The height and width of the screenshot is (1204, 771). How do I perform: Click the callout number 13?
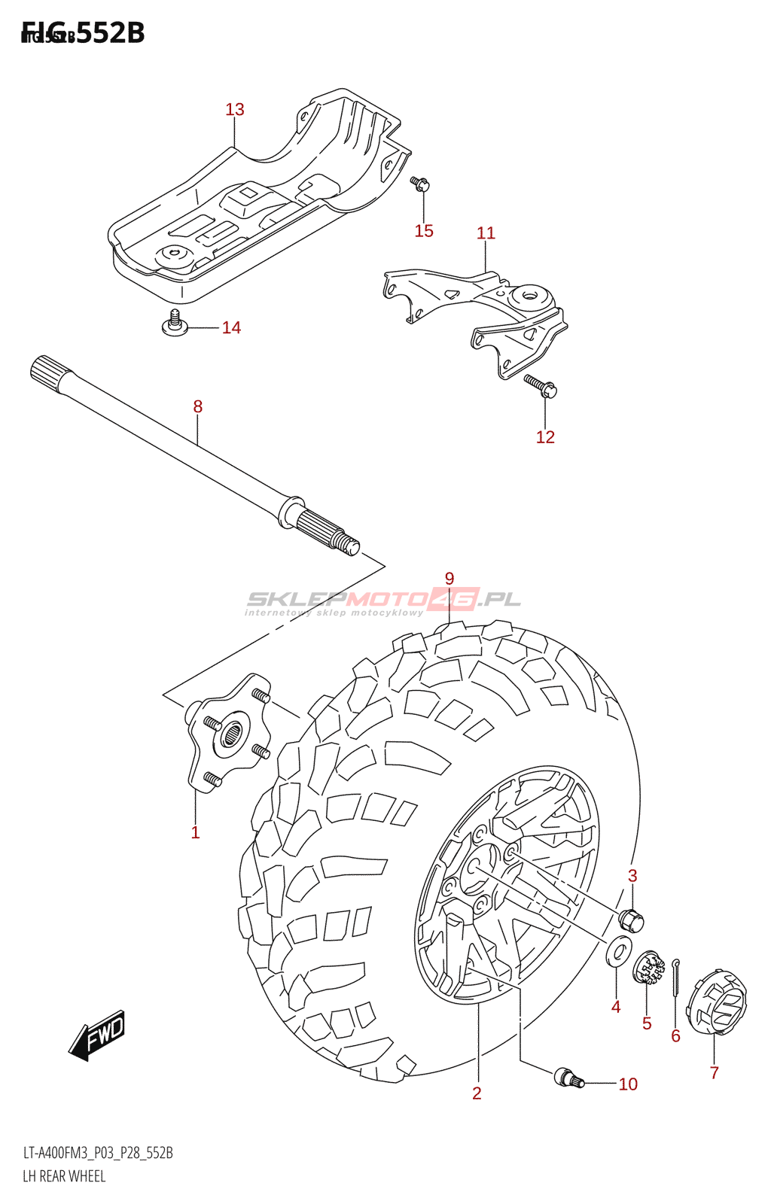235,110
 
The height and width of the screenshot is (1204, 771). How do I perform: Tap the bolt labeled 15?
419,183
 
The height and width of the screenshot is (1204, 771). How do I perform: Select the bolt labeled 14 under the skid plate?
175,323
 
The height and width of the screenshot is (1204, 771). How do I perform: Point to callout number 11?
486,233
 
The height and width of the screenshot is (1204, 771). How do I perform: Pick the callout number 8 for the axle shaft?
197,407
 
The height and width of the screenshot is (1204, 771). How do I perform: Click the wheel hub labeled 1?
228,734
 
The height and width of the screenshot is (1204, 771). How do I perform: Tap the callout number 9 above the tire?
449,579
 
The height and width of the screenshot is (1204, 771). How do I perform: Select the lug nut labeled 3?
631,920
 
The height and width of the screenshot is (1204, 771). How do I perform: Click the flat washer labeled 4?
619,951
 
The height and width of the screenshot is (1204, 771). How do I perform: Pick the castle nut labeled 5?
648,968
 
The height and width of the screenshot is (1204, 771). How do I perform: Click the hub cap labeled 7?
718,1003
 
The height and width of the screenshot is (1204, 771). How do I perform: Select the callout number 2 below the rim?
477,1093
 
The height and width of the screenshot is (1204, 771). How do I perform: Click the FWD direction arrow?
98,1035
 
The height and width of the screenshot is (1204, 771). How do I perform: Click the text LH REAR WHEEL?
64,1176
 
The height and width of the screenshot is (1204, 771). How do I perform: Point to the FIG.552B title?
83,33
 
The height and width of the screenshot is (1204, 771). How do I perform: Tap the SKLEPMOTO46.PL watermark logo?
383,600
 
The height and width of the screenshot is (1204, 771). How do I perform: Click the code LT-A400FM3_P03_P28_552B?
98,1153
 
